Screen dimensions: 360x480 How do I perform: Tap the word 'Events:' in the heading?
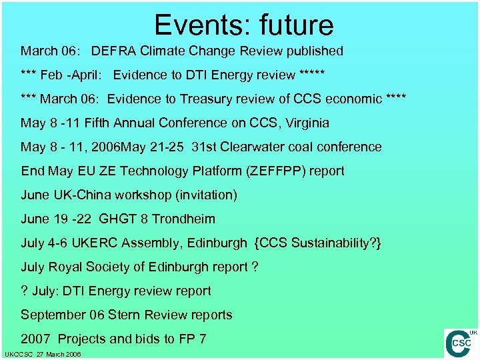[x=196, y=25]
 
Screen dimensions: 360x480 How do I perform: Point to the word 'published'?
[x=313, y=51]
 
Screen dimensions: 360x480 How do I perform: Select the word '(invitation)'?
[x=204, y=195]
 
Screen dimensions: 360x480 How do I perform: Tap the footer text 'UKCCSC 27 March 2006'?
[x=43, y=355]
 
